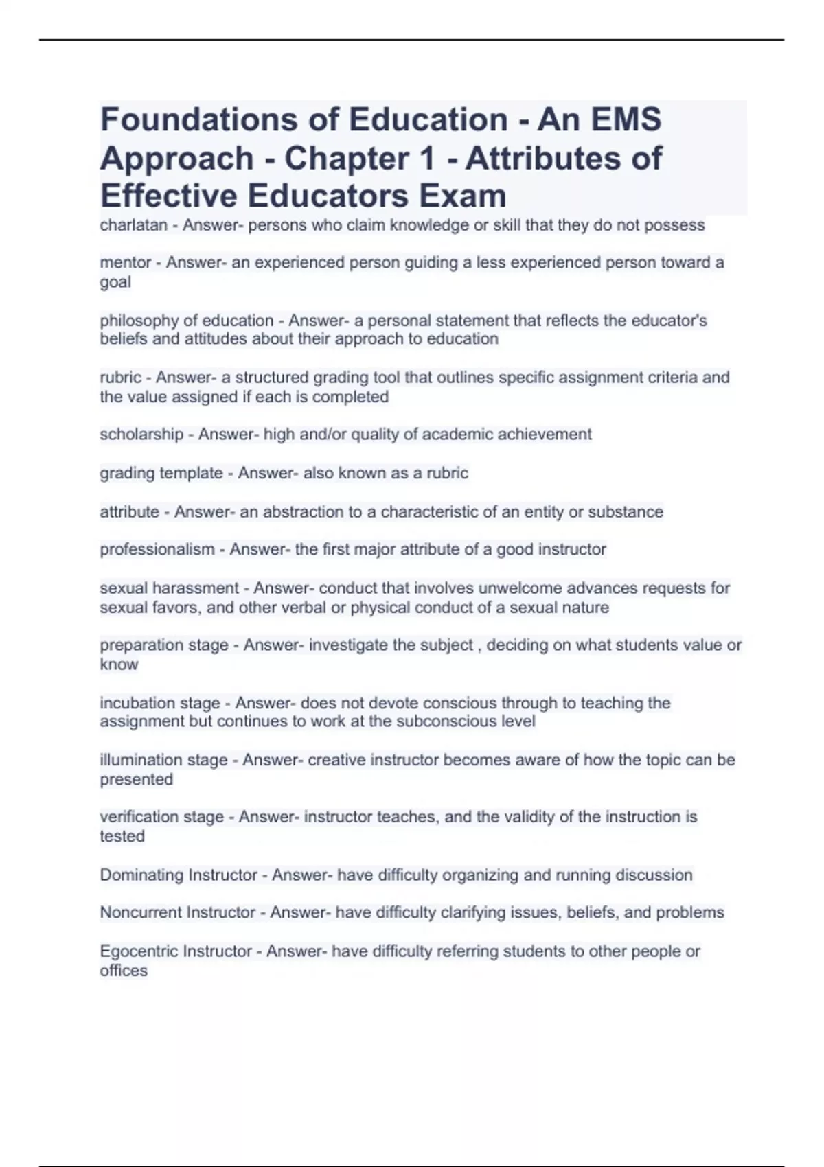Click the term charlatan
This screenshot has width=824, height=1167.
pyautogui.click(x=133, y=225)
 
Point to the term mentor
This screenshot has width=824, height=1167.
pyautogui.click(x=125, y=262)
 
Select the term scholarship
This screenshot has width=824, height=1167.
pyautogui.click(x=141, y=435)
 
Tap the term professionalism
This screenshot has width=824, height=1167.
pyautogui.click(x=157, y=549)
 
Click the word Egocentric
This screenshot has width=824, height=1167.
pyautogui.click(x=141, y=951)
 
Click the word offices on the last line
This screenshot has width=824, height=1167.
pyautogui.click(x=124, y=971)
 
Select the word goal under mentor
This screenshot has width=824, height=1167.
pyautogui.click(x=115, y=281)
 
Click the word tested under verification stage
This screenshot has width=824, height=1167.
pyautogui.click(x=122, y=836)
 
